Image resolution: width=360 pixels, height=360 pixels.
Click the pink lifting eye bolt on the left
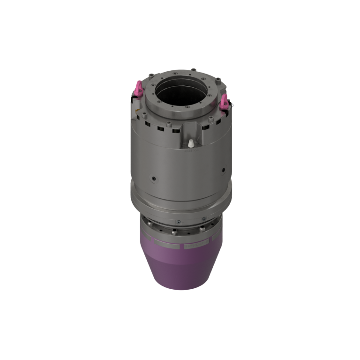tap(139, 87)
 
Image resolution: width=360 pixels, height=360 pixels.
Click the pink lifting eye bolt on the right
tap(224, 99)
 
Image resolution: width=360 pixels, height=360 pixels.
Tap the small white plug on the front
tap(190, 143)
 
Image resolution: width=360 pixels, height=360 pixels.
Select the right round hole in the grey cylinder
tap(224, 170)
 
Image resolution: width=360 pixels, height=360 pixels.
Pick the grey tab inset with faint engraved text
tap(196, 245)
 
